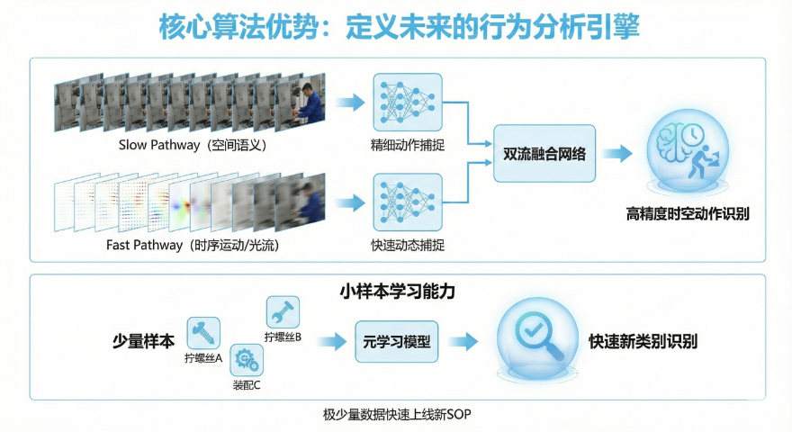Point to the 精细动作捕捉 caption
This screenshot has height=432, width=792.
click(407, 144)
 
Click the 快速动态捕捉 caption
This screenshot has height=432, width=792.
click(407, 245)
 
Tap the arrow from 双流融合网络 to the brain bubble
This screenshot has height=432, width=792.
click(617, 154)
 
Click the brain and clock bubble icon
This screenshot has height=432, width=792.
click(688, 153)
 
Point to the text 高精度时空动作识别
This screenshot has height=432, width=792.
click(688, 214)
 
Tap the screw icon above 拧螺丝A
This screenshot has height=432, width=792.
click(203, 332)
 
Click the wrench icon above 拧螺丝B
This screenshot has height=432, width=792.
click(283, 312)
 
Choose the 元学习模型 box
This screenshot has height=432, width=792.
click(397, 342)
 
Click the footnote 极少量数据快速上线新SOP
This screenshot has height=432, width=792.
click(396, 414)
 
